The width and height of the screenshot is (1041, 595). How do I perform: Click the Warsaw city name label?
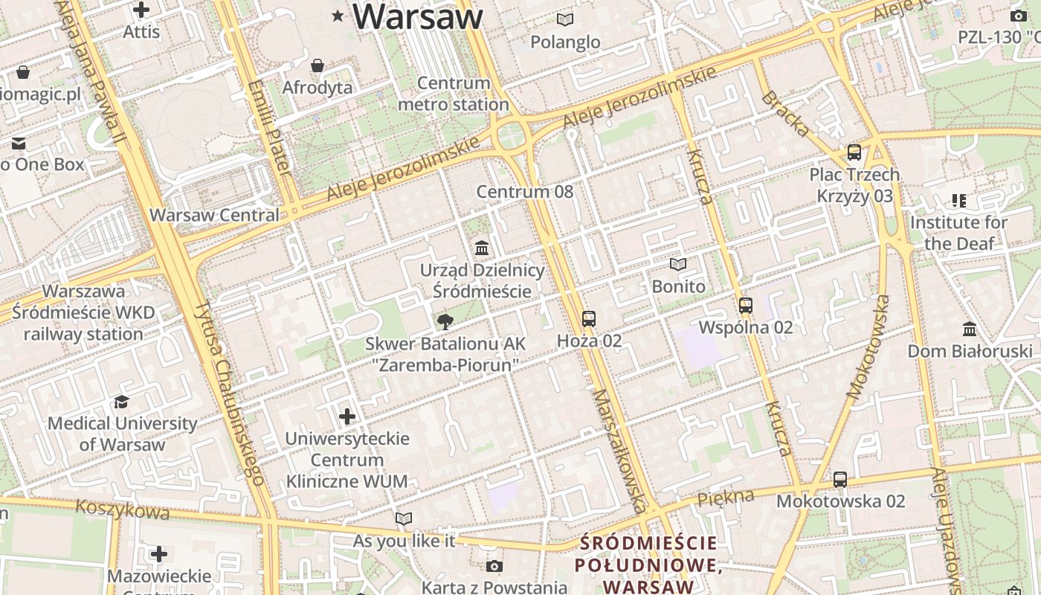418,16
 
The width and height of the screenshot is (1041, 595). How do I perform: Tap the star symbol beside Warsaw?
338,15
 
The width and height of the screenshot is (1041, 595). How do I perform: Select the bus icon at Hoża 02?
589,319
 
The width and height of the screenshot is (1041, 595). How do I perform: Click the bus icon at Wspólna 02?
745,305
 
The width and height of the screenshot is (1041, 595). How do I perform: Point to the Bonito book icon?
677,264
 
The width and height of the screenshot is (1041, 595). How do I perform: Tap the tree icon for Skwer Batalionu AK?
445,322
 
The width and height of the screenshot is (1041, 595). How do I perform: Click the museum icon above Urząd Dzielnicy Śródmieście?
482,248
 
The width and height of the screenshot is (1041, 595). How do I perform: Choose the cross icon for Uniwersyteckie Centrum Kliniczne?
347,416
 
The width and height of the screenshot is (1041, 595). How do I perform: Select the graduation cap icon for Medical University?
121,402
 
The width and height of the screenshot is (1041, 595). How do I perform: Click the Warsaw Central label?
214,216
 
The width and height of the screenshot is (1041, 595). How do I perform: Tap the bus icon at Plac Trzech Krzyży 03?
854,152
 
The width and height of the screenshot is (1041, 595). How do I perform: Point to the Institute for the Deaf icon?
958,201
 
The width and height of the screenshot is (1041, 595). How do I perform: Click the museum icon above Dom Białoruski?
970,329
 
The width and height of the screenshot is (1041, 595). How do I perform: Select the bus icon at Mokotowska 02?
839,480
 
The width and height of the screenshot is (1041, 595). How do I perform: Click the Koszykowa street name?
122,509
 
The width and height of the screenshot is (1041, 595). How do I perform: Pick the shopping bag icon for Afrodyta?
318,66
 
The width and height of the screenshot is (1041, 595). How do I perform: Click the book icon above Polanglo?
565,20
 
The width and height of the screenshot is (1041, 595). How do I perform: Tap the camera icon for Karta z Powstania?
494,567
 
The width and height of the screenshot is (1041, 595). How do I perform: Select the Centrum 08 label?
525,192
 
